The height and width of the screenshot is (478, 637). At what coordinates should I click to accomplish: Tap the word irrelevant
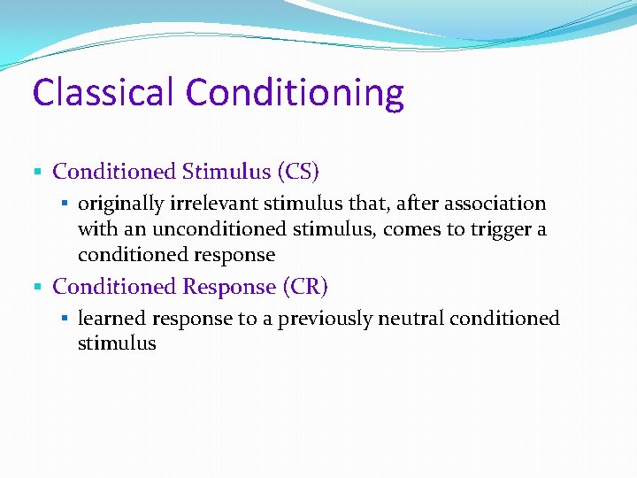click(200, 204)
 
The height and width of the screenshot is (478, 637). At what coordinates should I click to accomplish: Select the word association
click(495, 204)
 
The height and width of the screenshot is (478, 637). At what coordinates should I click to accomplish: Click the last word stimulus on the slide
click(117, 343)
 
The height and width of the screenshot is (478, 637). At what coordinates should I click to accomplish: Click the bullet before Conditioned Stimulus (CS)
click(36, 172)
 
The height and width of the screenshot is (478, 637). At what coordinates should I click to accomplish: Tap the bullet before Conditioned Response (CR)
click(36, 288)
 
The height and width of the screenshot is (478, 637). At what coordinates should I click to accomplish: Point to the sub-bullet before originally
click(65, 204)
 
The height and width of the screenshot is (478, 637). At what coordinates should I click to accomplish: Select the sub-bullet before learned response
click(65, 319)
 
